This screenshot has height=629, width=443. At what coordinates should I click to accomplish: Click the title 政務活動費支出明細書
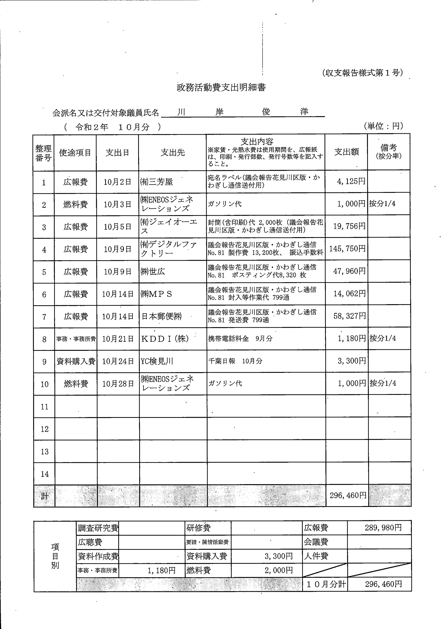[x=221, y=87]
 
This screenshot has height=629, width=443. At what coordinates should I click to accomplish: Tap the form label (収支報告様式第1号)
[x=362, y=73]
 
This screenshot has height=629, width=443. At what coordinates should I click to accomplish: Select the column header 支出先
[x=173, y=153]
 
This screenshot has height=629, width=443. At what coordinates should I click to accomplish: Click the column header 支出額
[x=346, y=152]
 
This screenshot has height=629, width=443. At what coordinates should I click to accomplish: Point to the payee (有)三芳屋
[x=156, y=182]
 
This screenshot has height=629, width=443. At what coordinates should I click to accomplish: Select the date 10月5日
[x=117, y=227]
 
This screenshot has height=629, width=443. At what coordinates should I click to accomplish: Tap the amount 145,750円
[x=347, y=249]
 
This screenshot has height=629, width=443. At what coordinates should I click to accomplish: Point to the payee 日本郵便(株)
[x=161, y=317]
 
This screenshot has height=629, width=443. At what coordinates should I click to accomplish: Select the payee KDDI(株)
[x=165, y=339]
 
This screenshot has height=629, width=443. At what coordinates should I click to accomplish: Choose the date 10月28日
[x=118, y=384]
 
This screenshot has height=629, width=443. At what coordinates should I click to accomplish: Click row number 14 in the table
[x=45, y=474]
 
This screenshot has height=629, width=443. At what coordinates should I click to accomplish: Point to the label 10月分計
[x=326, y=584]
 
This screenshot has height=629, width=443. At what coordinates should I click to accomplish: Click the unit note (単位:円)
[x=383, y=126]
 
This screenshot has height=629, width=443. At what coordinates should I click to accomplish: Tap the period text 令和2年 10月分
[x=112, y=127]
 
